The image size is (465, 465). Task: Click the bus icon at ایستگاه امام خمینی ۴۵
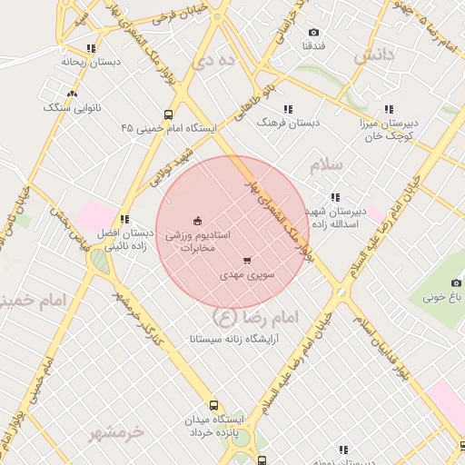pyautogui.click(x=169, y=115)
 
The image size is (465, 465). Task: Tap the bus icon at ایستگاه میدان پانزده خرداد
pyautogui.click(x=213, y=406)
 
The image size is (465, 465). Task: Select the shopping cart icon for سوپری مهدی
pyautogui.click(x=248, y=261)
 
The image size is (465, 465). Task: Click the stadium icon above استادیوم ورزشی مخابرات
pyautogui.click(x=197, y=221)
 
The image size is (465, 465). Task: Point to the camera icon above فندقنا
pyautogui.click(x=314, y=32)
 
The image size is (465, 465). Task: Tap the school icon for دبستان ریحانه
pyautogui.click(x=90, y=49)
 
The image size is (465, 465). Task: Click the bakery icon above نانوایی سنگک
pyautogui.click(x=73, y=94)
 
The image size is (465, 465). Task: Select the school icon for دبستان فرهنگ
pyautogui.click(x=288, y=110)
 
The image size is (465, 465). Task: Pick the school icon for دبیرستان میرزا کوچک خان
pyautogui.click(x=389, y=109)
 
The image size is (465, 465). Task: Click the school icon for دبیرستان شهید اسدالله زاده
pyautogui.click(x=335, y=197)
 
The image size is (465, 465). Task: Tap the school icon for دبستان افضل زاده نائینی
pyautogui.click(x=124, y=219)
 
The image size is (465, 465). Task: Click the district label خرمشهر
pyautogui.click(x=116, y=432)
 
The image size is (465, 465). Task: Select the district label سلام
pyautogui.click(x=327, y=165)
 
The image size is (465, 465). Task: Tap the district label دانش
pyautogui.click(x=374, y=56)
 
